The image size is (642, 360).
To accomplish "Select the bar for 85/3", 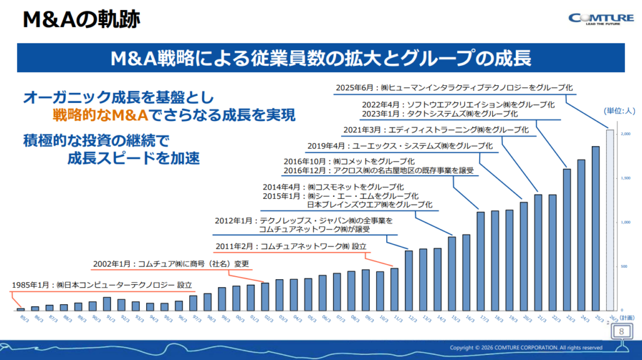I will point(21,309).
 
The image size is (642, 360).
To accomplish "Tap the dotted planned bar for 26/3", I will point(609,220).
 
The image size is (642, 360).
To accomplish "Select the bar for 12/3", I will point(409,280).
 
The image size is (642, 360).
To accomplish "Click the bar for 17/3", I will point(481,261).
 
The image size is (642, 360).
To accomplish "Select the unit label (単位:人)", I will point(619,111).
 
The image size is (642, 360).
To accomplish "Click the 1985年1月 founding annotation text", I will point(102,285).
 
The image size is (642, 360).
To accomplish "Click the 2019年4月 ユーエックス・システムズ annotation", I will point(399,146).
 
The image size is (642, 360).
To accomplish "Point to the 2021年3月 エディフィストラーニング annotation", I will point(437,130).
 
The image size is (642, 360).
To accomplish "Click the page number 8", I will point(621,331).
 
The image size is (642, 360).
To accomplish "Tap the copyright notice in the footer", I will point(526,347).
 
